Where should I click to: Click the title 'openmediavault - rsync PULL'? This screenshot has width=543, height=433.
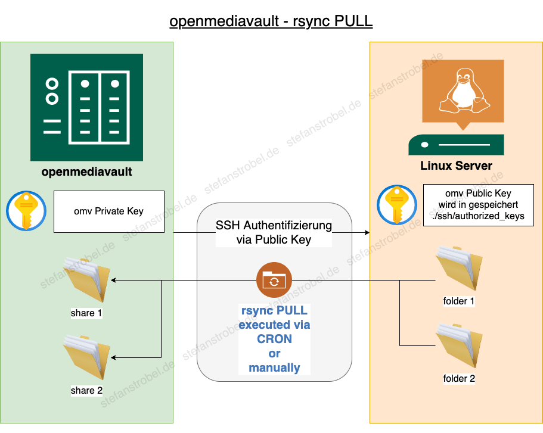[x=271, y=21]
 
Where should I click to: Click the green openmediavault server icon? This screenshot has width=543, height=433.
[x=86, y=108]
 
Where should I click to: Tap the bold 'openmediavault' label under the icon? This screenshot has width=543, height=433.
[x=86, y=173]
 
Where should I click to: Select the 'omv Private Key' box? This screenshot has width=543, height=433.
[x=108, y=211]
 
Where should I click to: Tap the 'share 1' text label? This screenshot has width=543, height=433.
[x=86, y=313]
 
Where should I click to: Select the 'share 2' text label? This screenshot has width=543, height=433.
[x=86, y=391]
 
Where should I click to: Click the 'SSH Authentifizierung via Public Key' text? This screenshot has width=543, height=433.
[x=274, y=233]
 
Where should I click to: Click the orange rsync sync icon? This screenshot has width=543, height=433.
[x=274, y=280]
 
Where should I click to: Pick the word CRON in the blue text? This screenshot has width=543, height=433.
[x=274, y=339]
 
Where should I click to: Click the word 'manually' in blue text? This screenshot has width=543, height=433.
[x=274, y=367]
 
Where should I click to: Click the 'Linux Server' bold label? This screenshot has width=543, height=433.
[x=457, y=166]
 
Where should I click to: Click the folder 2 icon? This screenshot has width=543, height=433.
[x=459, y=345]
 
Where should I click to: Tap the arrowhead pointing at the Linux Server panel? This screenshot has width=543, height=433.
[x=367, y=233]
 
